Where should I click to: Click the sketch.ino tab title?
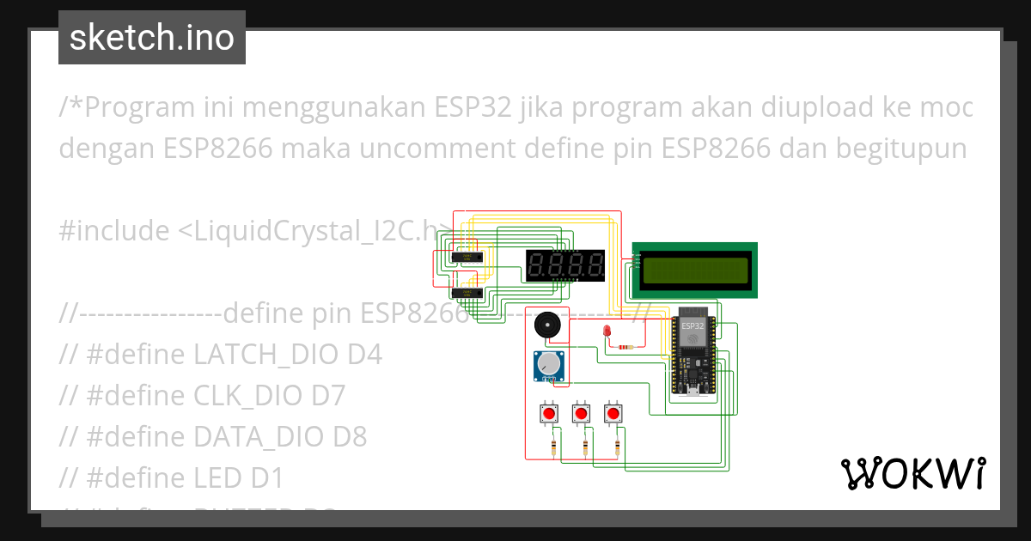(x=152, y=39)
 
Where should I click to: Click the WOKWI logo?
(x=912, y=473)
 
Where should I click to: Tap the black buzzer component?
(x=546, y=325)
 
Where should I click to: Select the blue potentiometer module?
(x=548, y=367)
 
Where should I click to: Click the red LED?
(x=607, y=332)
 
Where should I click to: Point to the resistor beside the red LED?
(x=626, y=347)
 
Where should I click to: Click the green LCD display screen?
(x=695, y=270)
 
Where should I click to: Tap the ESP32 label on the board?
(x=692, y=326)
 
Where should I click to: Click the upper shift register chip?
(x=466, y=257)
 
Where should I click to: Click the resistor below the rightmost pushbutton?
(x=618, y=446)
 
